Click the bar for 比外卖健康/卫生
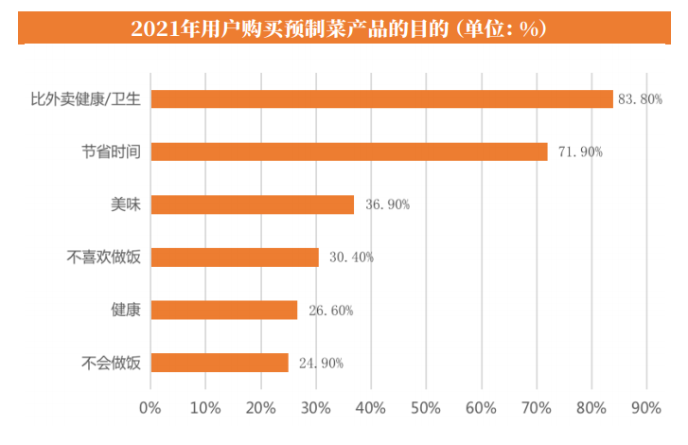click(x=381, y=98)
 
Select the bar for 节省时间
click(x=349, y=151)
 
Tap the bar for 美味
click(x=253, y=205)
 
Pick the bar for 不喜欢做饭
click(x=235, y=257)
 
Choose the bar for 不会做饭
click(x=220, y=363)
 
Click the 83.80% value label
click(x=639, y=99)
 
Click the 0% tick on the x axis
click(x=150, y=409)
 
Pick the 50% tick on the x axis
click(x=426, y=409)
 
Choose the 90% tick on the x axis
click(x=646, y=409)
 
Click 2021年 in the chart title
click(x=161, y=29)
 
